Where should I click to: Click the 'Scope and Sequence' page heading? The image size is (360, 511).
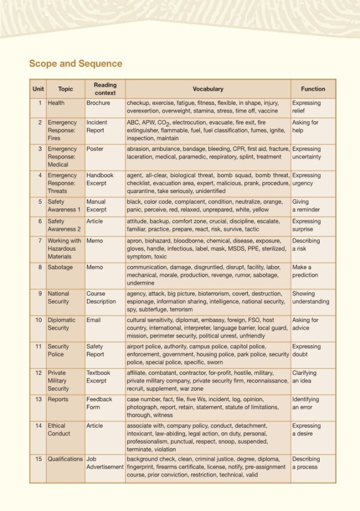[75, 63]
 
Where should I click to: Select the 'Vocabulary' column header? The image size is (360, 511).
[208, 89]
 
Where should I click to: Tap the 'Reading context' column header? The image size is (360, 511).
[105, 89]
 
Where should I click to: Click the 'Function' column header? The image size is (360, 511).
[313, 89]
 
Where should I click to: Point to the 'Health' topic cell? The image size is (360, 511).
[56, 103]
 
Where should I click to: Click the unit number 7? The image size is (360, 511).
[39, 241]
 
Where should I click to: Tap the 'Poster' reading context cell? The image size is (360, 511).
[95, 149]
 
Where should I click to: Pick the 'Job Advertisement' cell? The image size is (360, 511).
[105, 463]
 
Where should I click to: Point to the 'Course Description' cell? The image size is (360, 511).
[101, 297]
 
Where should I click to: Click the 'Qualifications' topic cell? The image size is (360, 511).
[65, 459]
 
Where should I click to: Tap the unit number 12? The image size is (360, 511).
[38, 373]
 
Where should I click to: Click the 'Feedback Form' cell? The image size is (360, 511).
[99, 403]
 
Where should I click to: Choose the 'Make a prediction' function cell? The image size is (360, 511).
[305, 271]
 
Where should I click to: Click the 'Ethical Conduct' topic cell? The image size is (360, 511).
[59, 430]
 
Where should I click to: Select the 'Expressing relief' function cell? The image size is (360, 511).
[307, 107]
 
